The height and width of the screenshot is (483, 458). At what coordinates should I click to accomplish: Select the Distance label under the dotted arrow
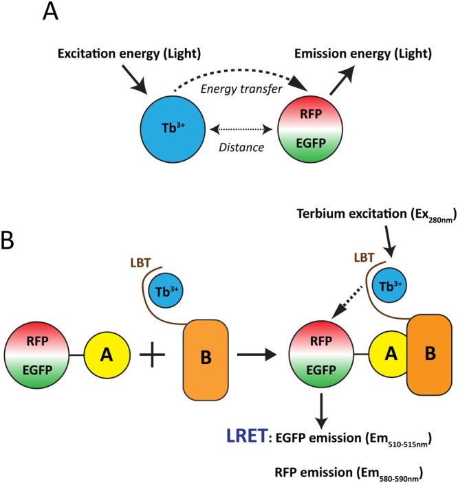click(x=237, y=145)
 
